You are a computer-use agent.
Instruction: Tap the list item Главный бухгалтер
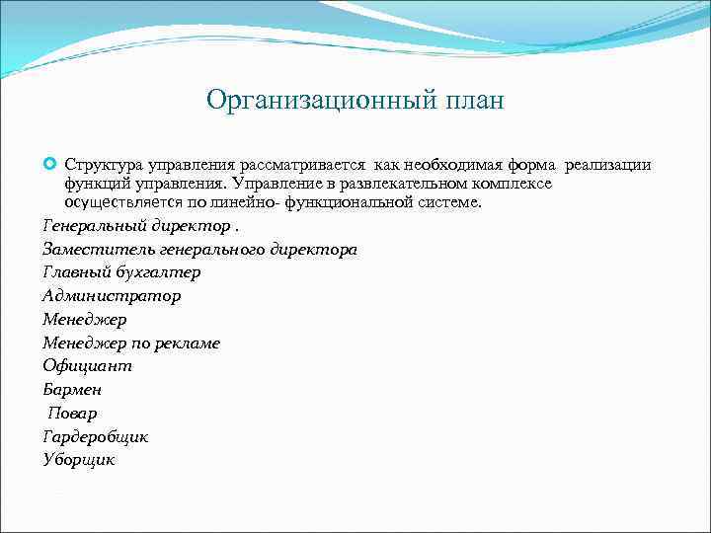coord(121,272)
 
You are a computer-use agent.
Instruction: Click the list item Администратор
coord(112,295)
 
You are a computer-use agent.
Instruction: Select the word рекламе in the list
coord(187,343)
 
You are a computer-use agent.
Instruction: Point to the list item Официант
coord(87,365)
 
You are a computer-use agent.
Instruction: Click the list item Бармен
coord(72,389)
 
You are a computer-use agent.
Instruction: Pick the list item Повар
coord(72,413)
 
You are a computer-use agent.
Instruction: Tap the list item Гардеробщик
coord(95,435)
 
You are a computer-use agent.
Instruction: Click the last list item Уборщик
coord(79,459)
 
